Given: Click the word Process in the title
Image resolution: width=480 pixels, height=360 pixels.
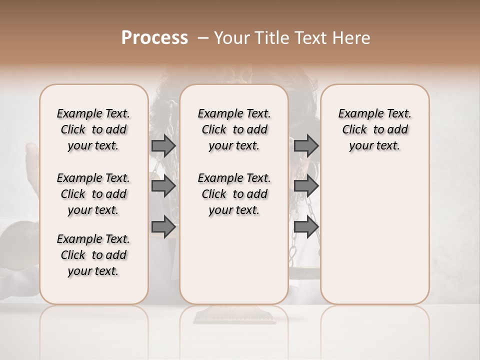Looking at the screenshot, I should [x=154, y=38].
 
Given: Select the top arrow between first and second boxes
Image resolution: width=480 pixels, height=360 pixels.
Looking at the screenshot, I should [x=163, y=146].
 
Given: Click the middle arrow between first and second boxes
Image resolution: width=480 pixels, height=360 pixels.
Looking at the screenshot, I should [x=163, y=186].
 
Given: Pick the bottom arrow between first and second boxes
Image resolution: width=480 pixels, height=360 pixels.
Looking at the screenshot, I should [x=163, y=227].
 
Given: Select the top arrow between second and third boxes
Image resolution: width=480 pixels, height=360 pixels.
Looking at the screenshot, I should [x=306, y=146].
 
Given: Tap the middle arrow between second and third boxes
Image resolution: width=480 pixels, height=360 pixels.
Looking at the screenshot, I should [x=306, y=186].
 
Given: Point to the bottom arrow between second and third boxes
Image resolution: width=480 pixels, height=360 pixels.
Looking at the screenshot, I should [x=306, y=227].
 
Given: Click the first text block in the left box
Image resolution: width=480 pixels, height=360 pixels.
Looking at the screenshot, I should [x=93, y=129].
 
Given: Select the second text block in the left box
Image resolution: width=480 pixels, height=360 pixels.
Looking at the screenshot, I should [x=93, y=194].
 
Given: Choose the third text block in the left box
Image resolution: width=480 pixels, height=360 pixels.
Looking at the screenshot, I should [x=93, y=255].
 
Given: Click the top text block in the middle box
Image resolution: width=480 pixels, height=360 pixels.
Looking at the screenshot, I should [x=234, y=129].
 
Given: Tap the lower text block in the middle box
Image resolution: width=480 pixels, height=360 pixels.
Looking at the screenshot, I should [x=234, y=194].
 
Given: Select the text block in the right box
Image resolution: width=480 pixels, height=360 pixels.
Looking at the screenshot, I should [x=374, y=129].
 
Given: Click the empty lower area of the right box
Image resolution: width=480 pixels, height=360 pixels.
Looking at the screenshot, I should [x=374, y=235].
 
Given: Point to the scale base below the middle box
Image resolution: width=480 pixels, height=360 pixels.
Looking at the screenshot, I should [x=234, y=315].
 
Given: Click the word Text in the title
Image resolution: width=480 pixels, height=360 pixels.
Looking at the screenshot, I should [x=310, y=38].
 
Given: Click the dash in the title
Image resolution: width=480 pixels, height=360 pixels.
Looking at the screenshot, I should [x=203, y=38].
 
